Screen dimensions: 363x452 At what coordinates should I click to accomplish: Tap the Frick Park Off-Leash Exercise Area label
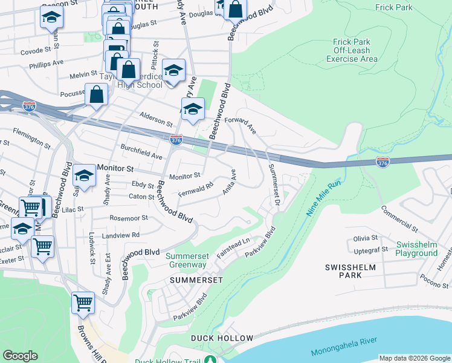point(352,50)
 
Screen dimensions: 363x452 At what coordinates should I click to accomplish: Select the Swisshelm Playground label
point(416,249)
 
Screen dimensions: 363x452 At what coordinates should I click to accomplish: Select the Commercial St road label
point(399,218)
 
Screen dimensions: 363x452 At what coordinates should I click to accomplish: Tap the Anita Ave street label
point(229,182)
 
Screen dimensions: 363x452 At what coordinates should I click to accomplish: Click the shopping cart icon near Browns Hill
point(83,302)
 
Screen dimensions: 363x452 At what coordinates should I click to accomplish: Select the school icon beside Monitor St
point(85,175)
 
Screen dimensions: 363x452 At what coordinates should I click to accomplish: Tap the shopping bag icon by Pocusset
point(97,94)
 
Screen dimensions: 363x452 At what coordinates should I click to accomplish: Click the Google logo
point(21,356)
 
